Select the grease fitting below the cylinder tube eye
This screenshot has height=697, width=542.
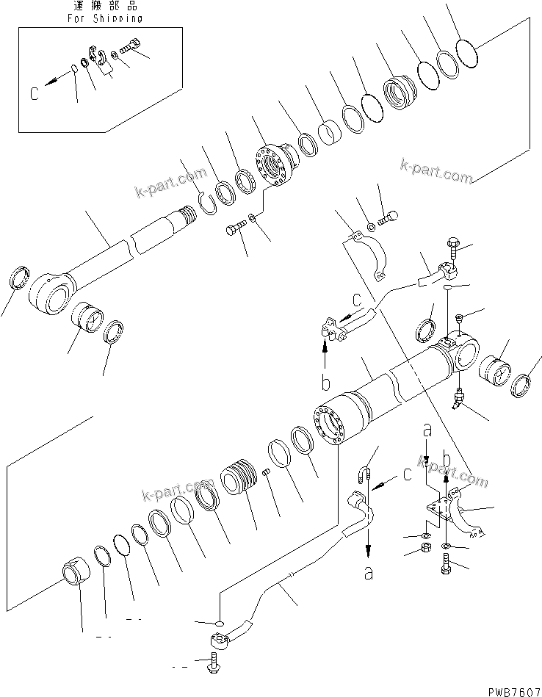pos(458,399)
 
